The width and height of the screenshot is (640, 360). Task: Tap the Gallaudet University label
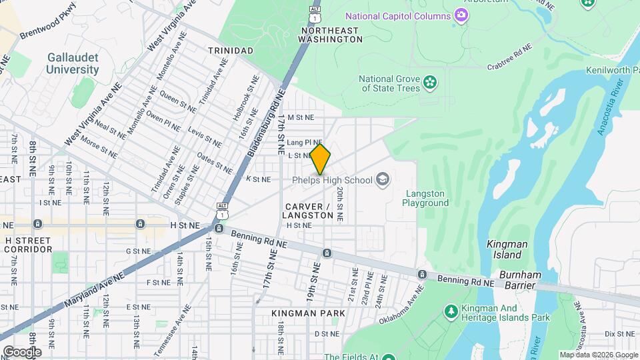pyautogui.click(x=73, y=63)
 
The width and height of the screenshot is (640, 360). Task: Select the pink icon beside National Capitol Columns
pyautogui.click(x=460, y=15)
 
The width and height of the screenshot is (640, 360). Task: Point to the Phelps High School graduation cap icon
pyautogui.click(x=383, y=179)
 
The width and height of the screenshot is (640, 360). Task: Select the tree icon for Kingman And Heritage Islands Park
pyautogui.click(x=451, y=312)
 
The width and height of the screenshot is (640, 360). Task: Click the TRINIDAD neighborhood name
pyautogui.click(x=230, y=51)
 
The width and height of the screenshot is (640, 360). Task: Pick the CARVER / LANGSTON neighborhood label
pyautogui.click(x=307, y=211)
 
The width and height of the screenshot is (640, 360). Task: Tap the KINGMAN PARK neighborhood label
pyautogui.click(x=308, y=313)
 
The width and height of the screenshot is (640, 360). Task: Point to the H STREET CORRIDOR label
pyautogui.click(x=28, y=245)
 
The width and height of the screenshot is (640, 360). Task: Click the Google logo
pyautogui.click(x=22, y=351)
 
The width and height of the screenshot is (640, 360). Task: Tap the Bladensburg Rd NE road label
pyautogui.click(x=266, y=123)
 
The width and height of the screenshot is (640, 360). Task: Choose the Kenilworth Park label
pyautogui.click(x=612, y=70)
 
